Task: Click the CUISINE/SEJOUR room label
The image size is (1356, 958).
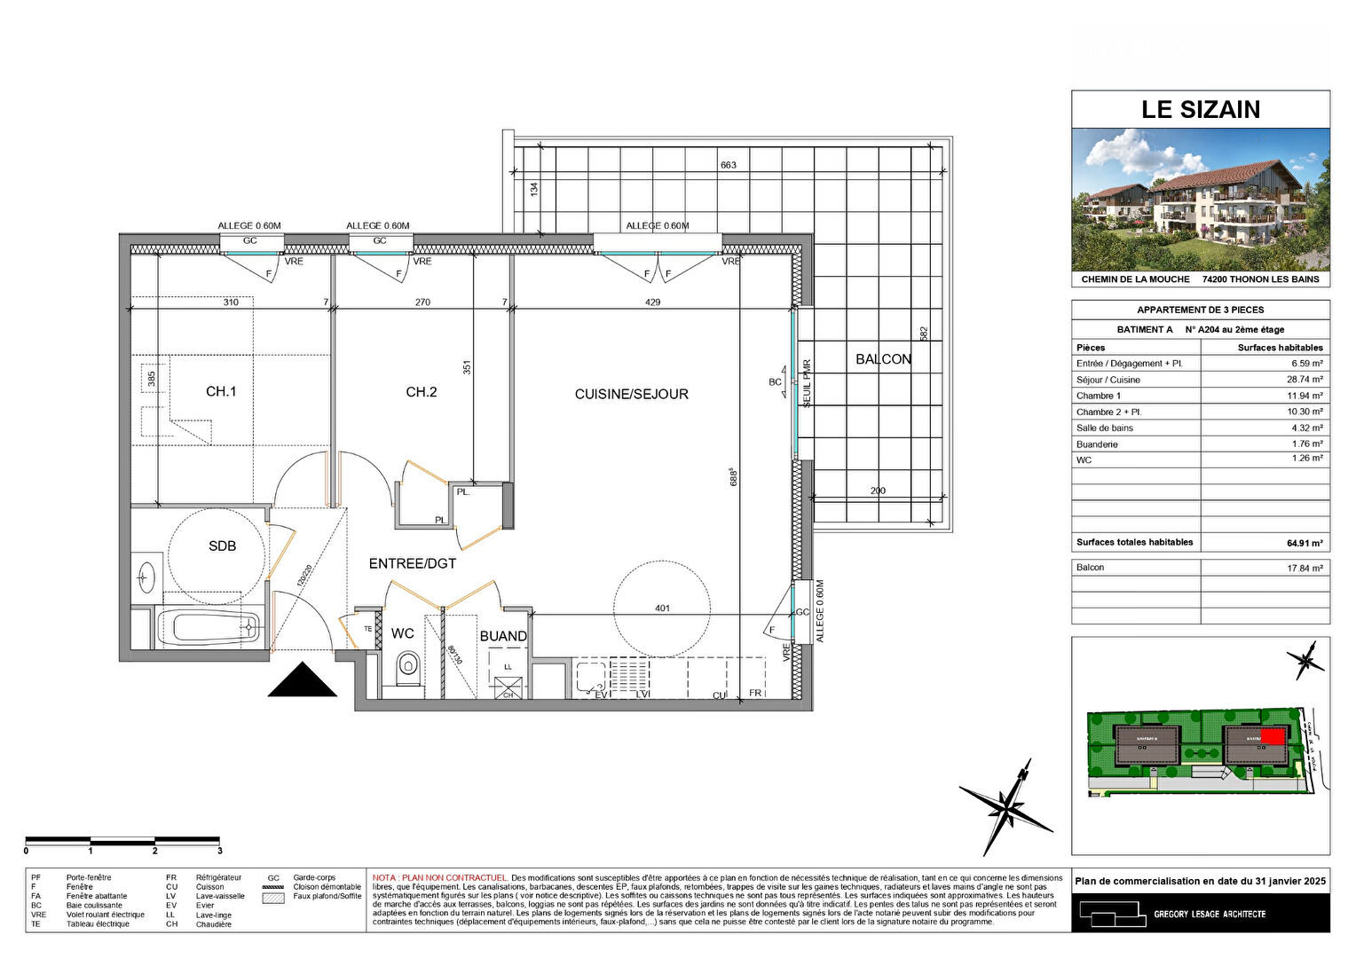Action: pyautogui.click(x=631, y=394)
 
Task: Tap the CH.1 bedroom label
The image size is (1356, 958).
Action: pyautogui.click(x=221, y=391)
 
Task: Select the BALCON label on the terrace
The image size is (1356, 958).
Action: pyautogui.click(x=883, y=359)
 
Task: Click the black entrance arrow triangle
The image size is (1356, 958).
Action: pyautogui.click(x=303, y=681)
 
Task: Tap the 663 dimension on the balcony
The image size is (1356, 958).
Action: pyautogui.click(x=729, y=165)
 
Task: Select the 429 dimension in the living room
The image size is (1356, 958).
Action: pyautogui.click(x=652, y=302)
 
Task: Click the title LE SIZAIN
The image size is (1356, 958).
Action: pyautogui.click(x=1200, y=109)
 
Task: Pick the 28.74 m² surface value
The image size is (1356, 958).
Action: pyautogui.click(x=1305, y=379)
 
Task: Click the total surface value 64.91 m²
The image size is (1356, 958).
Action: pyautogui.click(x=1304, y=543)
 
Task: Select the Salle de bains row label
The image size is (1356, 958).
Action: pyautogui.click(x=1104, y=428)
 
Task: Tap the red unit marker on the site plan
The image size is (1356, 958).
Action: pyautogui.click(x=1273, y=736)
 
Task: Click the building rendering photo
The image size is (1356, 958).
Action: pyautogui.click(x=1200, y=200)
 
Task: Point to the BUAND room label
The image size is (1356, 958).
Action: pyautogui.click(x=503, y=636)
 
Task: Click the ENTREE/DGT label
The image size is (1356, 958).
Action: pyautogui.click(x=413, y=563)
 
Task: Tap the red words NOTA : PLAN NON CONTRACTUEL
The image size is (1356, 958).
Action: pyautogui.click(x=440, y=877)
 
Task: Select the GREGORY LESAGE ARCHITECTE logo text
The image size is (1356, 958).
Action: pyautogui.click(x=1209, y=914)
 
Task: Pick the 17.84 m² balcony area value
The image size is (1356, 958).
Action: pyautogui.click(x=1305, y=568)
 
